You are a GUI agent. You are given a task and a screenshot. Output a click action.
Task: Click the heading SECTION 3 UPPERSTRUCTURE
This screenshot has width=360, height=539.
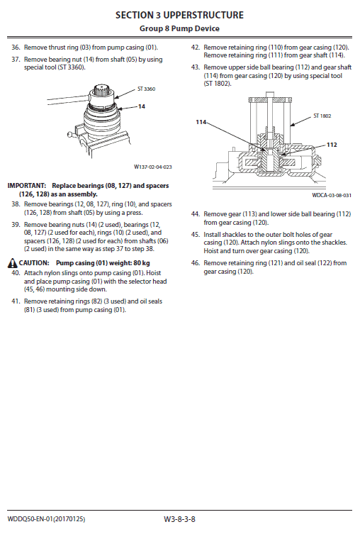pos(179,15)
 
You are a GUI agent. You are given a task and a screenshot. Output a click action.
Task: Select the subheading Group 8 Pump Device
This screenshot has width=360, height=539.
pos(179,28)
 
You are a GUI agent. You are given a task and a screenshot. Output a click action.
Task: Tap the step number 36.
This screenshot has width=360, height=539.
pos(15,47)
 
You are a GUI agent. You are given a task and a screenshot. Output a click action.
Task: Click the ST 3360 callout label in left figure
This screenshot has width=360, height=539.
pos(145,89)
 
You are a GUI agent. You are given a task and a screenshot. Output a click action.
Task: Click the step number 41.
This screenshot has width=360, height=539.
pos(15,301)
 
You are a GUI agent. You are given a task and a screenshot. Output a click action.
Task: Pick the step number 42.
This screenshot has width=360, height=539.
pos(195,47)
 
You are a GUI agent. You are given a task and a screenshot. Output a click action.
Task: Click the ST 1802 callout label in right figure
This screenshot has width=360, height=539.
pos(322,115)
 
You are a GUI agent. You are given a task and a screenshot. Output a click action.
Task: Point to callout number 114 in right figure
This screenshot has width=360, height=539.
pos(201,122)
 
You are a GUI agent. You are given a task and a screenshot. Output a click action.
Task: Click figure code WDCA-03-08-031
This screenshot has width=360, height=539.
pos(332,195)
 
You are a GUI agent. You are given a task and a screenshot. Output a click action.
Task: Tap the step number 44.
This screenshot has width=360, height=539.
pos(195,213)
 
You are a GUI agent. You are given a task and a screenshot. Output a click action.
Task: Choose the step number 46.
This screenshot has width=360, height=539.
pos(195,263)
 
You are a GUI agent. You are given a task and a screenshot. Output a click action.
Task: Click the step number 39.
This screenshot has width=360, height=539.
pos(15,224)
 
